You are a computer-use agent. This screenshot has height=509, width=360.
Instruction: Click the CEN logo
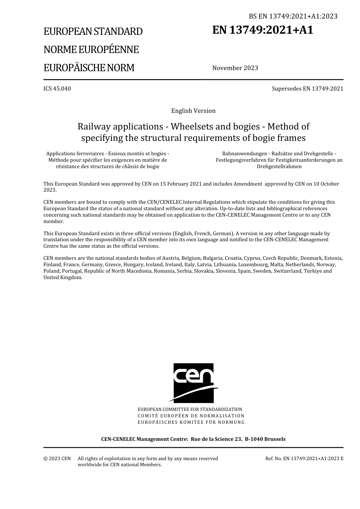pos(193,383)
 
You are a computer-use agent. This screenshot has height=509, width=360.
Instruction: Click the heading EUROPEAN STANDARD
pos(93,31)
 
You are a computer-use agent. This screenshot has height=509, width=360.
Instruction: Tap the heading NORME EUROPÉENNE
pos(91,50)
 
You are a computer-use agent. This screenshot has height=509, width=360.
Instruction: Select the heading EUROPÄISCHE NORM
pos(89,68)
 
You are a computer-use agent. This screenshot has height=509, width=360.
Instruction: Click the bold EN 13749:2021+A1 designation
pos(263,30)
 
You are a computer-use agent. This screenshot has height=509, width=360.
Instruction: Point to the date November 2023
pos(235,68)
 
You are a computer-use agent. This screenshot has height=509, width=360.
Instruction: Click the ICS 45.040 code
pos(57,89)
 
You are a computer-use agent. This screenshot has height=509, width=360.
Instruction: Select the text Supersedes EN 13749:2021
pos(307,89)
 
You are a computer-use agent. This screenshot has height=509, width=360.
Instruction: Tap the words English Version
pos(193,111)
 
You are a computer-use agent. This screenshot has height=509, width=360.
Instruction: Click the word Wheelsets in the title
pos(187,126)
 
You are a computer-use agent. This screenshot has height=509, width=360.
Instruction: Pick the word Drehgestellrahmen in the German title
pos(279,166)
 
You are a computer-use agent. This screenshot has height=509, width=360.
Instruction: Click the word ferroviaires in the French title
pos(89,154)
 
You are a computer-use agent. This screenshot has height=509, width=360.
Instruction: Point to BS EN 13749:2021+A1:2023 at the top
pos(293,16)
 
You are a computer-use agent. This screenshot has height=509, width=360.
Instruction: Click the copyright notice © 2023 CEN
pos(57,459)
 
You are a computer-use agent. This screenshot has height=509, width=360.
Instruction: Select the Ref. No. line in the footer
pos(304,459)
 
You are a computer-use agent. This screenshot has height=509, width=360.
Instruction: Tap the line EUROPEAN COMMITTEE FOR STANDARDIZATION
pos(190,409)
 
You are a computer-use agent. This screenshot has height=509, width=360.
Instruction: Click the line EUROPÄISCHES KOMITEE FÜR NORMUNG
pos(191,422)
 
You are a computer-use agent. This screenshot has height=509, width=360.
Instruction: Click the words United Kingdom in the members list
pos(63,278)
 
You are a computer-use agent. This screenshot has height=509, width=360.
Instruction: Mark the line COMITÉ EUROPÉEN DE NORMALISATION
pos(191,416)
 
